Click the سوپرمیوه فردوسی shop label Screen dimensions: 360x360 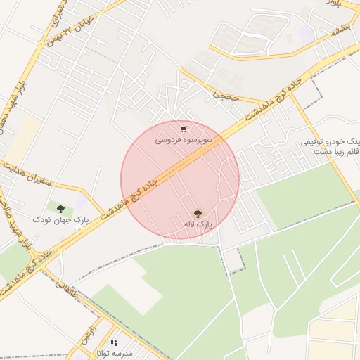(x=182, y=141)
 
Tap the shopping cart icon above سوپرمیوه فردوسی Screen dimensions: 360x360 (x=184, y=129)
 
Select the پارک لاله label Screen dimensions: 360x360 (x=198, y=224)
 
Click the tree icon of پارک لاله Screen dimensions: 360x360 (x=198, y=213)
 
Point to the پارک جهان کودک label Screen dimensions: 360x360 (x=60, y=220)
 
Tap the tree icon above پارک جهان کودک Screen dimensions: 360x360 (x=60, y=209)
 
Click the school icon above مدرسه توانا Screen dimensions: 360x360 (x=113, y=342)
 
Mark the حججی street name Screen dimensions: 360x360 (x=227, y=92)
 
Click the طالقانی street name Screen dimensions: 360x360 (x=61, y=279)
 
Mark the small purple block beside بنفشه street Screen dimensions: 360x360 (x=305, y=34)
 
